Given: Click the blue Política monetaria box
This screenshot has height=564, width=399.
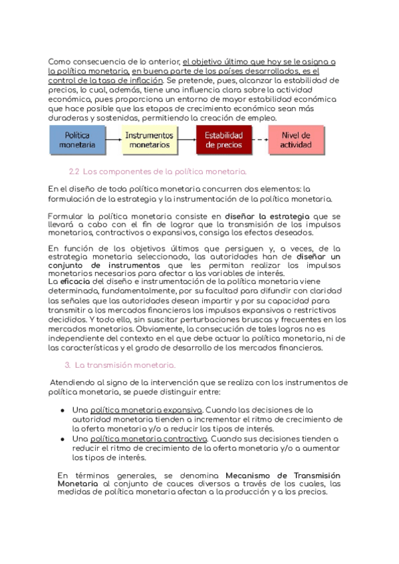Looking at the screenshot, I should (77, 140).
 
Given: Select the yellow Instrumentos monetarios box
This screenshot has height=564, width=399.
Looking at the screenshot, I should (149, 140).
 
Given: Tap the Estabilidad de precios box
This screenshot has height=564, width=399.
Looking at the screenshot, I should (223, 140).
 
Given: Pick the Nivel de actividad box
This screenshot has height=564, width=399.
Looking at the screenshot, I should (295, 140).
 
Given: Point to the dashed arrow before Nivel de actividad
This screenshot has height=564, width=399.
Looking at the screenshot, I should (260, 140).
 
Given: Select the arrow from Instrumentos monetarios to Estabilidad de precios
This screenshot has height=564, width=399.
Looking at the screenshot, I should (186, 140).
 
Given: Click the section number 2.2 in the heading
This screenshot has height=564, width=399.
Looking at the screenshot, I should (74, 172).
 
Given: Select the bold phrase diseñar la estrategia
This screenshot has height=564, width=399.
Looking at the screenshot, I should (267, 216).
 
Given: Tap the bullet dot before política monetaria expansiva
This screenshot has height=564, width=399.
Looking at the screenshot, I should (63, 410).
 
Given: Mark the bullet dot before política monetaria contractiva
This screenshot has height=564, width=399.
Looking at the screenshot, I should (63, 440).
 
